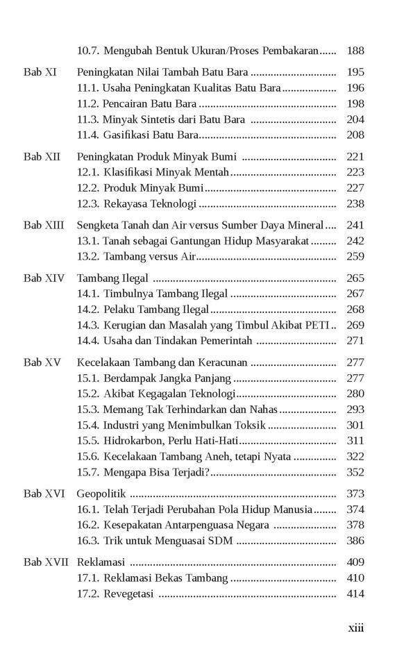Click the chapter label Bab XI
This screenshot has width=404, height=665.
point(40,71)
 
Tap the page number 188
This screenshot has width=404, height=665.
point(355,51)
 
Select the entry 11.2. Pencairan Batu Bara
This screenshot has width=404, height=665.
point(137,103)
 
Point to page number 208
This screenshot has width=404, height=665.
point(355,135)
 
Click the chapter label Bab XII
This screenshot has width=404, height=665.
point(42,156)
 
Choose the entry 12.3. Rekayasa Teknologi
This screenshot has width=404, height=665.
point(137,204)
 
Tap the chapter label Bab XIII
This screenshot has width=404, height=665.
point(44,225)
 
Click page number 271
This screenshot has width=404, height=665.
point(355,341)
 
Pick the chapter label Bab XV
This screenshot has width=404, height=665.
point(42,362)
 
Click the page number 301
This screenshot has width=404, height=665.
point(355,426)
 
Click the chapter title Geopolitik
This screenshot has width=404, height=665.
point(101,494)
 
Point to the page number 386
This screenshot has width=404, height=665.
point(355,541)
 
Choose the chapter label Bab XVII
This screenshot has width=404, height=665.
point(46,562)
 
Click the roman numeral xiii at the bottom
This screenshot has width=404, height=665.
point(355,628)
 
